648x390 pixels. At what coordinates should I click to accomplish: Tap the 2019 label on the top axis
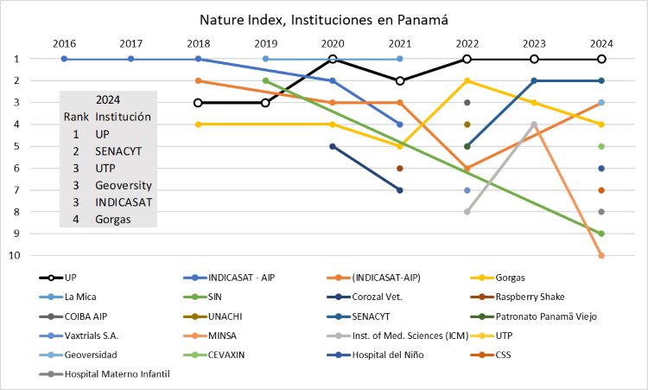pos(265,42)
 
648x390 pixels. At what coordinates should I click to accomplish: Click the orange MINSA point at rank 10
pos(601,255)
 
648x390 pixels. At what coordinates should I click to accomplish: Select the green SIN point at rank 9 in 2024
pos(601,233)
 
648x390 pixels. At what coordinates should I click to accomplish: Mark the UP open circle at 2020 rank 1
pos(333,59)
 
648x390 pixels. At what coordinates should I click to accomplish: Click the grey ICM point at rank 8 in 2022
pos(467,211)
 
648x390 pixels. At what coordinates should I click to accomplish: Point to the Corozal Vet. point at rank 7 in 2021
pos(400,189)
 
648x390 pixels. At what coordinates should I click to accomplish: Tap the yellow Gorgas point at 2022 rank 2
pos(467,80)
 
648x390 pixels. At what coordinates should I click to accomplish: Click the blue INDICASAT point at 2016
pos(64,59)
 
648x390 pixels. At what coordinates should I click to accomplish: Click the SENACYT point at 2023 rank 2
pos(535,80)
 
